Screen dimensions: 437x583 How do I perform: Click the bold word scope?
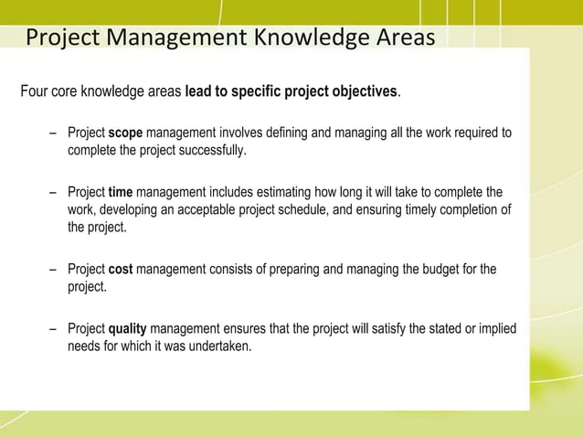(125, 133)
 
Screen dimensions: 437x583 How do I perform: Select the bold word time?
(121, 193)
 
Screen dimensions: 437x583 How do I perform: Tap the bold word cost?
(121, 270)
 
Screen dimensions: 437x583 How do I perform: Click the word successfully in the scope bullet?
(210, 151)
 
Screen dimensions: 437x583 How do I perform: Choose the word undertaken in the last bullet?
(217, 346)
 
